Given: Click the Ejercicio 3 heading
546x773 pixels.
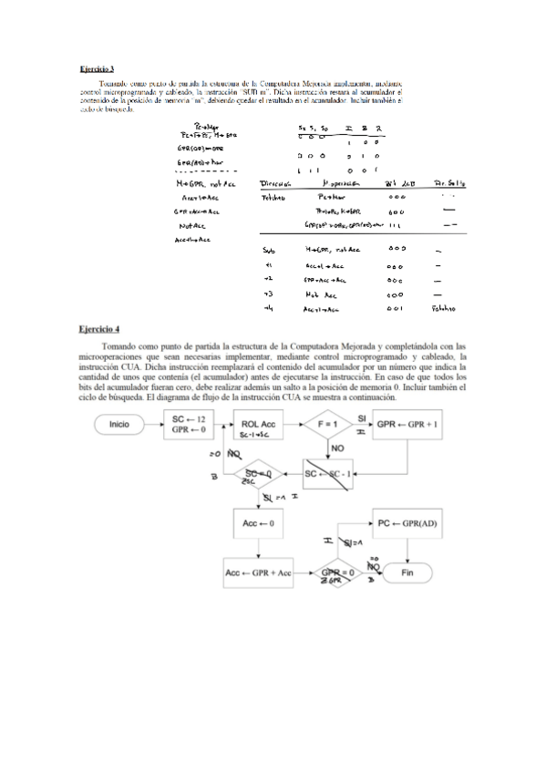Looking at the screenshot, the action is coord(96,68).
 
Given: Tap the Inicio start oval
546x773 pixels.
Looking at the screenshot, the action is coord(118,425).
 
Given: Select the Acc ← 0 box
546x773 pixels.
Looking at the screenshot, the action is coord(259,525).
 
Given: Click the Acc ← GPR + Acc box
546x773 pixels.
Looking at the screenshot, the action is coord(259,572).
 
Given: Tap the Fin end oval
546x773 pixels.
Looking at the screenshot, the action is coord(407,572).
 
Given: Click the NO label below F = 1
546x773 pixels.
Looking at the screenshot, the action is coord(337,449).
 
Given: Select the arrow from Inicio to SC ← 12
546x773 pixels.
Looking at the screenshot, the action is coord(151,425).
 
